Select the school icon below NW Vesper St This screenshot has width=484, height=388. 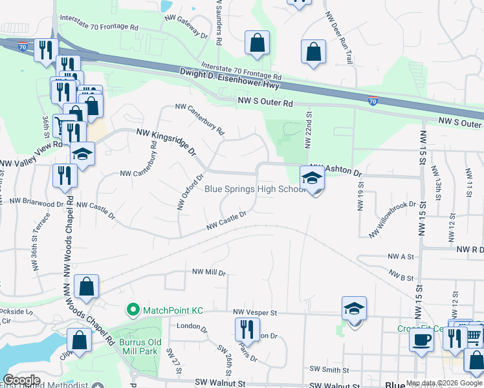(x=354, y=308)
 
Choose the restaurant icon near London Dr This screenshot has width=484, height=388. (x=246, y=329)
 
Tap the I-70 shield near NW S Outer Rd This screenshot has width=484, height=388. (x=373, y=101)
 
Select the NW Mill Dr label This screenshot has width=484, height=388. (x=208, y=273)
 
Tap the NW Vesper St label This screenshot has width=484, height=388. (x=255, y=312)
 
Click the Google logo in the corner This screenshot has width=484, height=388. (x=22, y=380)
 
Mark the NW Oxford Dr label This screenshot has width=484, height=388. (x=190, y=191)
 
